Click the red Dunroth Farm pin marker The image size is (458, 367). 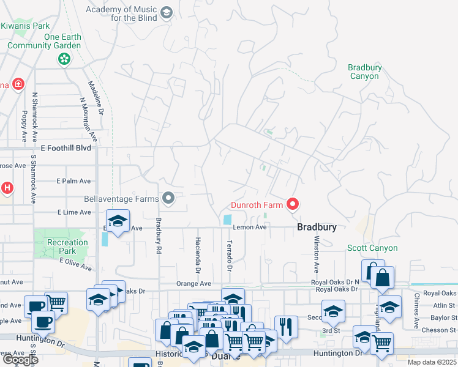click(x=293, y=204)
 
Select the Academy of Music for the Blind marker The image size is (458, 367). click(x=165, y=13)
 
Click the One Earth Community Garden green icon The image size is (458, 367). click(x=63, y=59)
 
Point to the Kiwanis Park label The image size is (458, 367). click(x=25, y=26)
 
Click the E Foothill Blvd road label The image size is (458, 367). click(x=66, y=149)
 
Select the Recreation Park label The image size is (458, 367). click(x=67, y=247)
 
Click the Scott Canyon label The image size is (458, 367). click(x=372, y=248)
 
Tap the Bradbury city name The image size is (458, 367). click(x=317, y=227)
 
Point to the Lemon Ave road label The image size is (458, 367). click(x=250, y=228)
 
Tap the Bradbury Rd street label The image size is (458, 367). click(x=158, y=236)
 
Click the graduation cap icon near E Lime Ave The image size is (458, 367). click(x=118, y=221)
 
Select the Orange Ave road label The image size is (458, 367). click(x=193, y=284)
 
